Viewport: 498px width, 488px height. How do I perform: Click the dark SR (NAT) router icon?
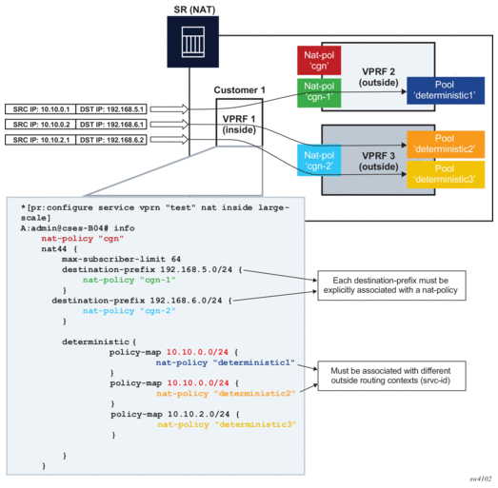tap(192, 42)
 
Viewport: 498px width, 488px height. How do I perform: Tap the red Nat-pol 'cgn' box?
tap(319, 60)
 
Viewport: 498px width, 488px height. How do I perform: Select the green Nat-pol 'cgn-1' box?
tap(319, 92)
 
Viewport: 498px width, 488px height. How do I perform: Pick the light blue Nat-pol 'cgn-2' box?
tap(319, 160)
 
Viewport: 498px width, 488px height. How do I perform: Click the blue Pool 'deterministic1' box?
tap(446, 90)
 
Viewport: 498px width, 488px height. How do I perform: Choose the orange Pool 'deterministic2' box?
tap(446, 145)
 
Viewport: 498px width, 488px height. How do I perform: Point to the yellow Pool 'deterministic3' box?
tap(446, 174)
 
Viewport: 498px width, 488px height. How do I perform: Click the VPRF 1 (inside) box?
tap(239, 123)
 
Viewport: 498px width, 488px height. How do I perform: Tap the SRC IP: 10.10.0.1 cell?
tap(41, 109)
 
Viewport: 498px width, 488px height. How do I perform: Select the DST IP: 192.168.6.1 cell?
tap(111, 125)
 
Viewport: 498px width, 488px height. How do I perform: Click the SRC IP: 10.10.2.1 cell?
tap(41, 140)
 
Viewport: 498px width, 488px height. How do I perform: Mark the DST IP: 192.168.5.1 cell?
tap(111, 109)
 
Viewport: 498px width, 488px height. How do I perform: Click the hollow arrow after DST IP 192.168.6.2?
tap(169, 140)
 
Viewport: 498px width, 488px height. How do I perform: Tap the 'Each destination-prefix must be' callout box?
tap(391, 285)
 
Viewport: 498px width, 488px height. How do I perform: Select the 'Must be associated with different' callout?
tap(391, 376)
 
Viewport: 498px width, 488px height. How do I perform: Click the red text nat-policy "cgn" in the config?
tap(82, 238)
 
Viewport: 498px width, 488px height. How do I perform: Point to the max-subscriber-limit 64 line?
tap(121, 259)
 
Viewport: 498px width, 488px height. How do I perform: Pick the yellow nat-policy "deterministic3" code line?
tap(227, 424)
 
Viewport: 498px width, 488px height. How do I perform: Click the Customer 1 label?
tap(239, 90)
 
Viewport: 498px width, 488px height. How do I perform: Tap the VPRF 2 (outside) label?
tap(379, 77)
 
